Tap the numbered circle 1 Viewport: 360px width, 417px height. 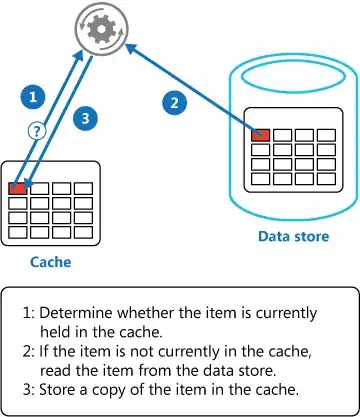pos(33,98)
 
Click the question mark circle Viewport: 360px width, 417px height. pos(38,130)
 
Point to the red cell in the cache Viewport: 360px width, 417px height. pos(17,187)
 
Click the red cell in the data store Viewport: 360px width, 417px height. pos(261,134)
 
